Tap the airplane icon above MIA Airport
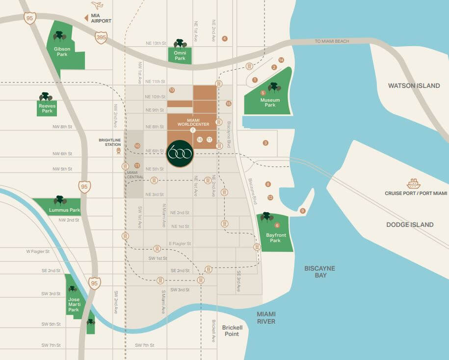pyautogui.click(x=97, y=6)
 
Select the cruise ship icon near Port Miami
pyautogui.click(x=413, y=184)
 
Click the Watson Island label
pyautogui.click(x=414, y=85)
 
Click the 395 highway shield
pyautogui.click(x=101, y=37)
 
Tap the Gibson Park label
pyautogui.click(x=62, y=52)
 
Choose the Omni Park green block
pyautogui.click(x=180, y=55)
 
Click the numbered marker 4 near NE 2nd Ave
pyautogui.click(x=225, y=38)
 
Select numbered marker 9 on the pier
pyautogui.click(x=302, y=211)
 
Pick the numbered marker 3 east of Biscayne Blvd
pyautogui.click(x=265, y=143)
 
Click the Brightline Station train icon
pyautogui.click(x=118, y=151)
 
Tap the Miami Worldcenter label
pyautogui.click(x=193, y=122)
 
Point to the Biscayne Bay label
pyautogui.click(x=319, y=272)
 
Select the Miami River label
pyautogui.click(x=265, y=317)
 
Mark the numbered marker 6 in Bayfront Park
pyautogui.click(x=277, y=225)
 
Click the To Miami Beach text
pyautogui.click(x=332, y=41)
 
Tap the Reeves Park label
pyautogui.click(x=47, y=108)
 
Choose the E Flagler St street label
pyautogui.click(x=180, y=244)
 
